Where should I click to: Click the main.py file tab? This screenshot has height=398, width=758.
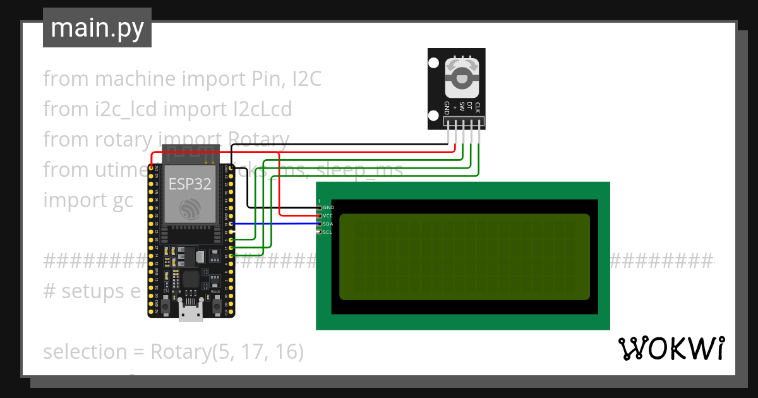pos(97,28)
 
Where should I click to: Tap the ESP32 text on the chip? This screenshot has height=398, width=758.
pos(189,184)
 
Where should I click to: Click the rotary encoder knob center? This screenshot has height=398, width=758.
pos(462,78)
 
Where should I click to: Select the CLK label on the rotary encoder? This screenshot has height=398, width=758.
pos(478,107)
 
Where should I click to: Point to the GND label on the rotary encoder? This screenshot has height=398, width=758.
pos(447,107)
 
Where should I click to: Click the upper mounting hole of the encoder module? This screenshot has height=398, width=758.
pos(433,63)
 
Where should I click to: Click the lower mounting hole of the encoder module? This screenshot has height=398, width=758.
pos(433,115)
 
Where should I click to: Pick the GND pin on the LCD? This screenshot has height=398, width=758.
pos(318,207)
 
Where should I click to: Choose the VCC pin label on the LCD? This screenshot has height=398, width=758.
pos(327,215)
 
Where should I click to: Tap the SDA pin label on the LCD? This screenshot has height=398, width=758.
pos(327,224)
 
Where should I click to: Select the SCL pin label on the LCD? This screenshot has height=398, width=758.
pos(327,232)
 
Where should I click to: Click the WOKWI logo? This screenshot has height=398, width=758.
pos(671,349)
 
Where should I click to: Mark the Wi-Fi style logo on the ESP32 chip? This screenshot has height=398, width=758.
pos(189,209)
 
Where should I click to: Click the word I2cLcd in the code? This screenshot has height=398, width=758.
pos(260,109)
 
